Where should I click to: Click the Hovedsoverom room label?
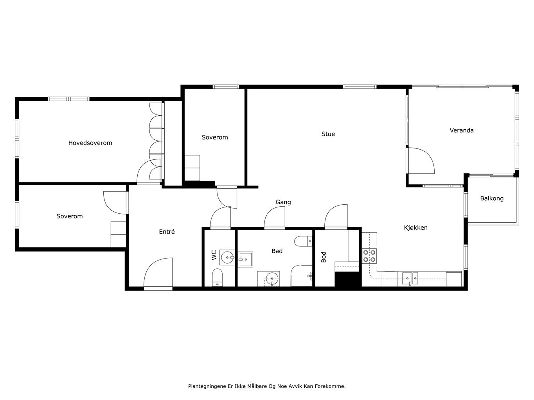[90, 143]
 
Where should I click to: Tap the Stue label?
[328, 134]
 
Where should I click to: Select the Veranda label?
[462, 130]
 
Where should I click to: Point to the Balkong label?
[492, 198]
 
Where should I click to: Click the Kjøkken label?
[415, 228]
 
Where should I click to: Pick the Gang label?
[283, 202]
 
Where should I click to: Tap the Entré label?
[167, 232]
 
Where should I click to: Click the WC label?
[214, 255]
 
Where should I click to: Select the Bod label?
[323, 257]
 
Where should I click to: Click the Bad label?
[277, 251]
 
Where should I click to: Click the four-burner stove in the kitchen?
[369, 256]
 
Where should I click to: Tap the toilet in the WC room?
[217, 278]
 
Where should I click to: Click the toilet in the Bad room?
[303, 241]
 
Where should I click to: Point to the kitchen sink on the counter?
[410, 279]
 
